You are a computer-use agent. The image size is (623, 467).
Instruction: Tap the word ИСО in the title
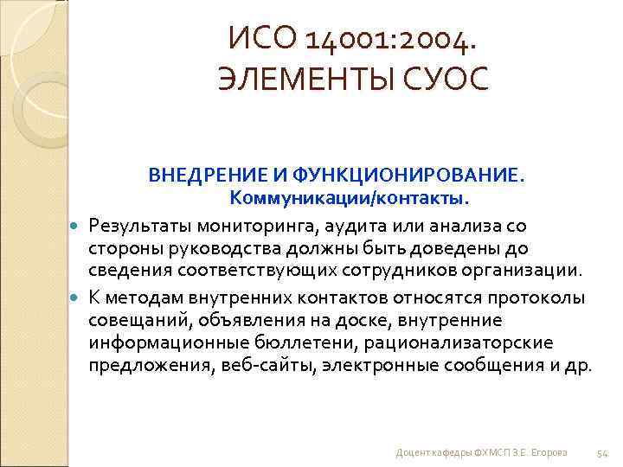point(258,38)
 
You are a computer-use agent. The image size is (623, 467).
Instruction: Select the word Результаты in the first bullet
point(141,226)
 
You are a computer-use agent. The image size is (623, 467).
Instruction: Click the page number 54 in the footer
point(603,452)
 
